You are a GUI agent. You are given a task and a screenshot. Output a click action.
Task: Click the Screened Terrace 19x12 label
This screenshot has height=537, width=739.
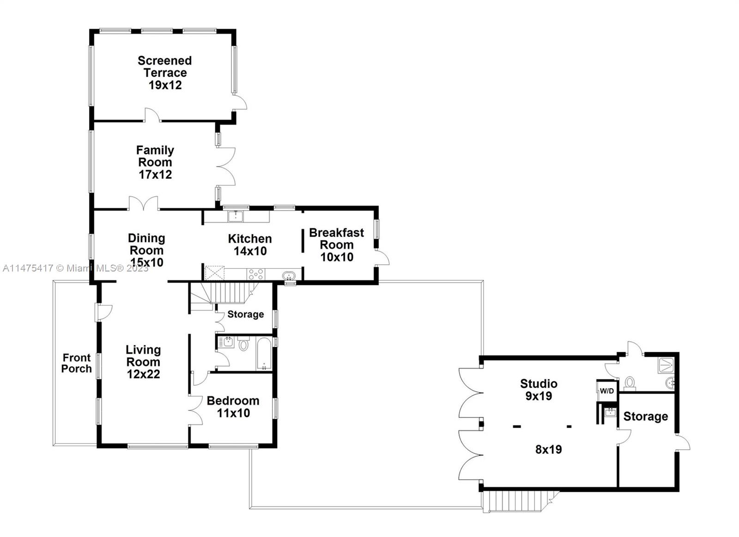(x=164, y=73)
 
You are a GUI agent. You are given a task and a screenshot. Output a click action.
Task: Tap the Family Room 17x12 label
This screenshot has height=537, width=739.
(x=155, y=162)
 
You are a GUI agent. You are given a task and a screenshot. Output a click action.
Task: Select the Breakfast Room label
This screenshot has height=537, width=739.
(x=337, y=244)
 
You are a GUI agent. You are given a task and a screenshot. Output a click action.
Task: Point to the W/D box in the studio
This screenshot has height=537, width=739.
(x=606, y=391)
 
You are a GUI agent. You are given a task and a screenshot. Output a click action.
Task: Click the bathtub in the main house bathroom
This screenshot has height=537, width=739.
(x=264, y=354)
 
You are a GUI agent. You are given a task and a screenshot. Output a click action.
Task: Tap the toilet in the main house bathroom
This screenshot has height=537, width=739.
(x=243, y=344)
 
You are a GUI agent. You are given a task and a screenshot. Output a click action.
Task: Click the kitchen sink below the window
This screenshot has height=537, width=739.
(x=236, y=216)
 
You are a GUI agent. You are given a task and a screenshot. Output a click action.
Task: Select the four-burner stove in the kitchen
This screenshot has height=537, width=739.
(x=256, y=274)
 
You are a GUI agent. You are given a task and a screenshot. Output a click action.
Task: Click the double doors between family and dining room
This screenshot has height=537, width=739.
(x=144, y=204)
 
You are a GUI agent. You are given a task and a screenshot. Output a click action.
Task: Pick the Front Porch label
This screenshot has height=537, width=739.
(x=77, y=363)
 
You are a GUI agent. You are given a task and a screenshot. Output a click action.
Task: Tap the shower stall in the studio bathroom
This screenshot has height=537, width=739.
(x=666, y=365)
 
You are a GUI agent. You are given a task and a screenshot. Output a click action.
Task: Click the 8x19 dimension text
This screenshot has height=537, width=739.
(x=548, y=449)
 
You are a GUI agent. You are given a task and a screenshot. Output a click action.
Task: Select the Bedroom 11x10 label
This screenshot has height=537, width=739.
(x=233, y=406)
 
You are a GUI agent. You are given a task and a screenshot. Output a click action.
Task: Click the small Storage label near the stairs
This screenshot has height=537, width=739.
(x=245, y=314)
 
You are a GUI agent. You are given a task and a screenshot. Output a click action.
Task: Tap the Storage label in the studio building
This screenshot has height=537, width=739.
(x=645, y=416)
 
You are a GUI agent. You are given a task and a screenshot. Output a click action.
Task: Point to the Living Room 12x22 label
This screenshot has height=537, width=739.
(x=143, y=362)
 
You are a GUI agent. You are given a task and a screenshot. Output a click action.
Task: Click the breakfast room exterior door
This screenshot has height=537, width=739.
(x=382, y=258)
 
